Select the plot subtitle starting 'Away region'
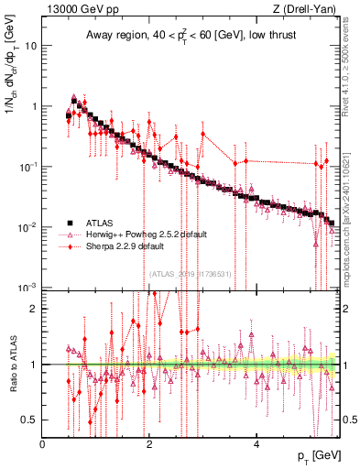click(190, 36)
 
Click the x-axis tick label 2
click(149, 444)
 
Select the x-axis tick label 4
click(256, 444)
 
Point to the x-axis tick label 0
click(42, 444)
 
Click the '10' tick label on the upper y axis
click(30, 45)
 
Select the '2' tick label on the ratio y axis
click(34, 309)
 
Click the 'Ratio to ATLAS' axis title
click(11, 365)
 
